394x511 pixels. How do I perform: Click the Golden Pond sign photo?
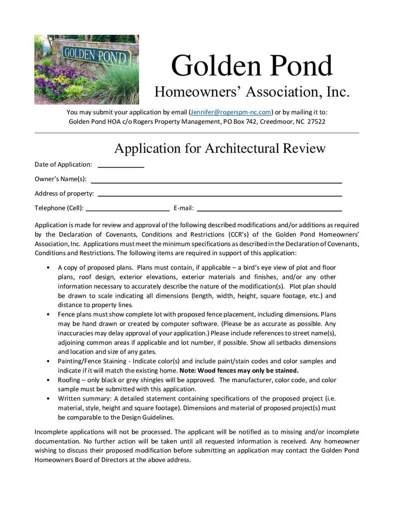coord(86,69)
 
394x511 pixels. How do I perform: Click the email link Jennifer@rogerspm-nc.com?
coord(230,112)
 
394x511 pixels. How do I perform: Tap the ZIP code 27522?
coord(316,121)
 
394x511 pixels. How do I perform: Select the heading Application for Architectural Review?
coord(220,148)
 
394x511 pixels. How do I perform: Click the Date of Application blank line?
coord(121,167)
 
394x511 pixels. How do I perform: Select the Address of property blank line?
coord(220,196)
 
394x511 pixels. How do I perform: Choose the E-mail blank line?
coord(269,211)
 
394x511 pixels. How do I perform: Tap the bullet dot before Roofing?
coord(47,380)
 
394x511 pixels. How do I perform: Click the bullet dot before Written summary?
coord(47,399)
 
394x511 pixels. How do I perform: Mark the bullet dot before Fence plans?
coord(47,315)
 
